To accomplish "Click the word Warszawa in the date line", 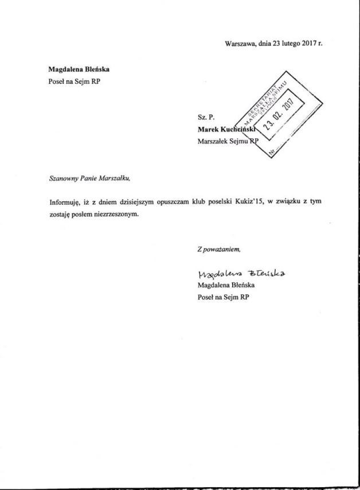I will point(240,43).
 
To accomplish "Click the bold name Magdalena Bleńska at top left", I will point(79,69).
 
